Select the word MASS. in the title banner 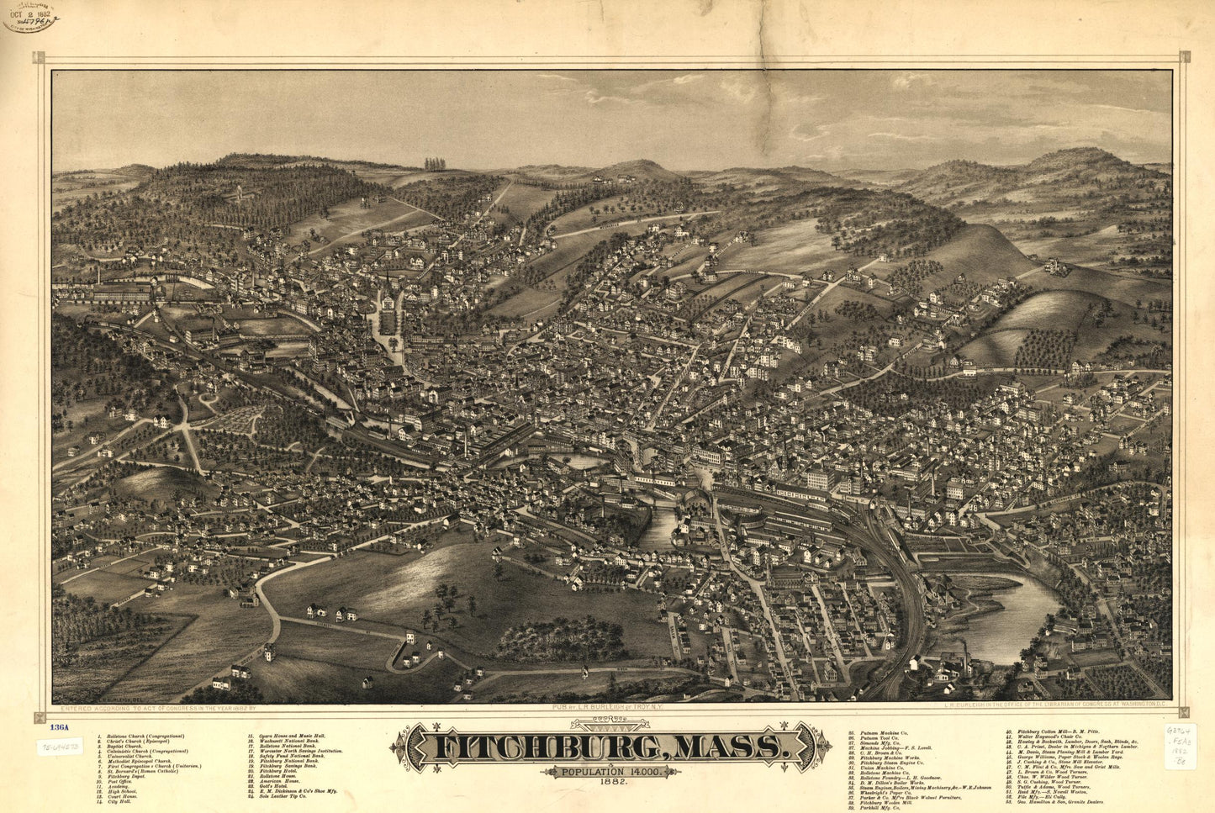(724, 747)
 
